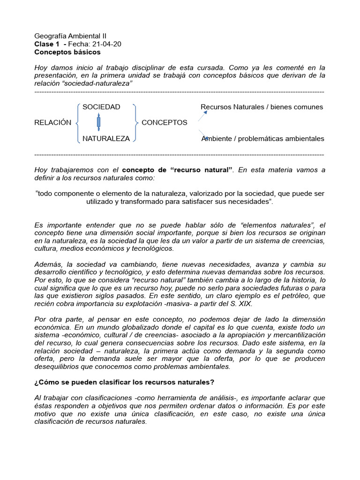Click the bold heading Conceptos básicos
pyautogui.click(x=67, y=52)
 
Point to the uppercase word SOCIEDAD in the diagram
pyautogui.click(x=101, y=107)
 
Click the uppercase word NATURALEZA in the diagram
pyautogui.click(x=106, y=138)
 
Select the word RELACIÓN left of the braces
pyautogui.click(x=53, y=123)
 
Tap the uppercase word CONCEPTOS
pyautogui.click(x=164, y=123)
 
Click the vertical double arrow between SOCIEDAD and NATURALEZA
pyautogui.click(x=98, y=122)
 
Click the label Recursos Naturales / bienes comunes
pyautogui.click(x=262, y=107)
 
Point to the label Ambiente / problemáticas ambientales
pyautogui.click(x=262, y=138)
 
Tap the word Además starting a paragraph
pyautogui.click(x=47, y=264)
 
